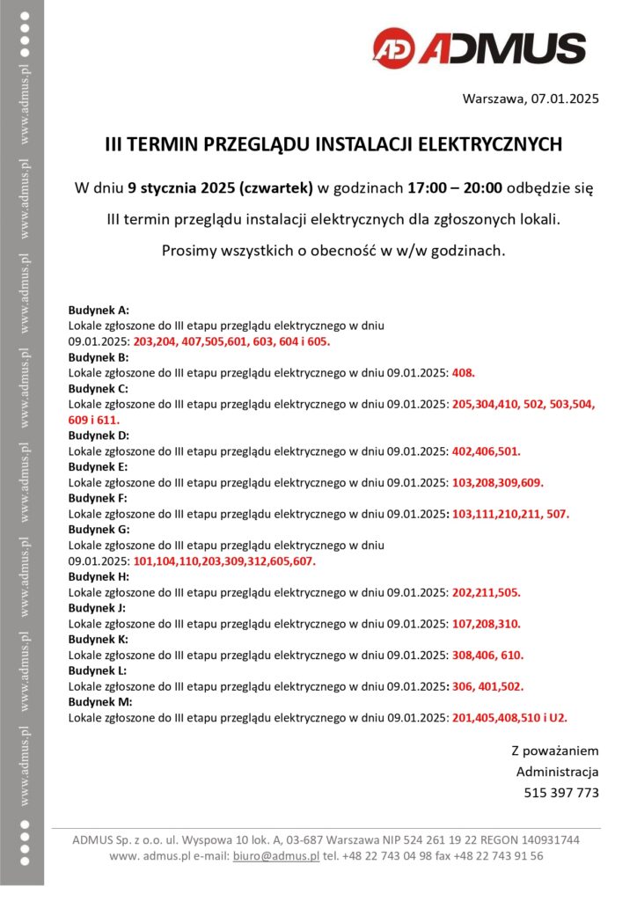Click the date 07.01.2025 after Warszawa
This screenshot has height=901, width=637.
(565, 99)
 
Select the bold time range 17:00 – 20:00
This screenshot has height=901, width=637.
(455, 188)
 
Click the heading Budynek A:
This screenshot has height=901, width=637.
(99, 310)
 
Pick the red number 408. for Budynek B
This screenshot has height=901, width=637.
(464, 372)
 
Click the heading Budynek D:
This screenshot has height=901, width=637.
(99, 435)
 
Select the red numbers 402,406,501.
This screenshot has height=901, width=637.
(487, 450)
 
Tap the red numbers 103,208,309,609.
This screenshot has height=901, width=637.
(498, 482)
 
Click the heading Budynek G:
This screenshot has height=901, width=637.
(99, 529)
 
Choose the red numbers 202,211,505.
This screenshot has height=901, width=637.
(487, 592)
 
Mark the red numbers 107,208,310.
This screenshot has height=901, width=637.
(487, 624)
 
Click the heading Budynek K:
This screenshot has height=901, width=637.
(99, 639)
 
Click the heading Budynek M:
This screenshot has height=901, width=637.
(100, 701)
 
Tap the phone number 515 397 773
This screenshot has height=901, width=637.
(561, 792)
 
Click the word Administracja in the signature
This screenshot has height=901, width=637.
(557, 772)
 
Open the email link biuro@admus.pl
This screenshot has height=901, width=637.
(275, 855)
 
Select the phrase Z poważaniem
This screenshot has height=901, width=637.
(555, 751)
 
